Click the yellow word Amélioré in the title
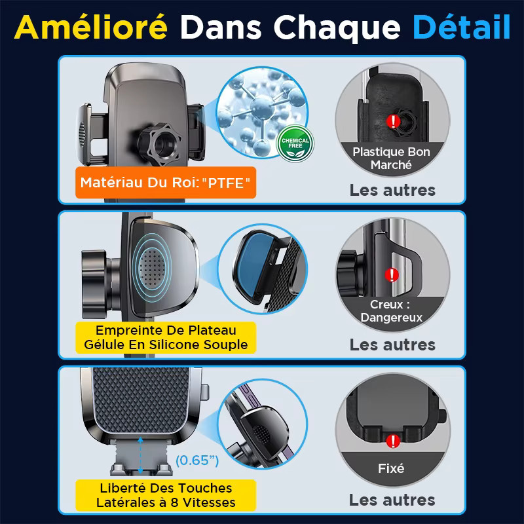point(91,27)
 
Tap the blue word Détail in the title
point(462,27)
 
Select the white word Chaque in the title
point(337,28)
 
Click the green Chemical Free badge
point(295,143)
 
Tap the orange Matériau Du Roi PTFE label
point(166,183)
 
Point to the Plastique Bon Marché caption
point(391,158)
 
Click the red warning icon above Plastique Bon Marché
point(394,121)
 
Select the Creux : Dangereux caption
point(391,310)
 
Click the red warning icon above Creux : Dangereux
point(392,275)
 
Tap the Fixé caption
point(391,468)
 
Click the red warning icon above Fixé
point(393,441)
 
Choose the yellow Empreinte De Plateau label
point(166,337)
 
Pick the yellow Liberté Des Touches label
point(166,495)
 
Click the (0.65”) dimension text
point(197,460)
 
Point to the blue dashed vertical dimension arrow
point(140,455)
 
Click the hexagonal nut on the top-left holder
point(159,143)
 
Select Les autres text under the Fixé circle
point(392,500)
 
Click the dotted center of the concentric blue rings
point(152,268)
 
